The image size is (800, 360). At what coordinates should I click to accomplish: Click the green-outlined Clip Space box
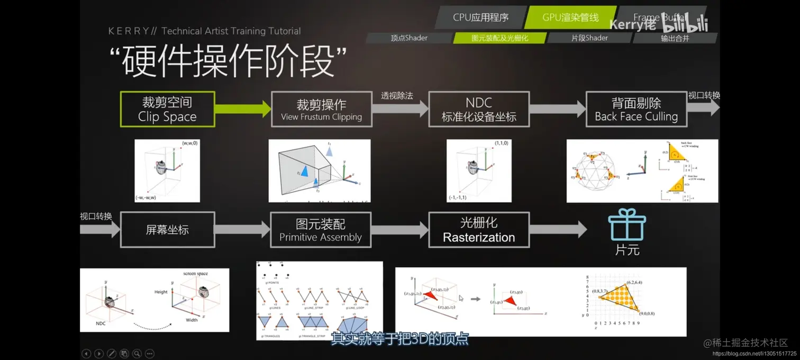[x=167, y=109]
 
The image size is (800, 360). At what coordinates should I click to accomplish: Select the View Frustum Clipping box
[x=321, y=109]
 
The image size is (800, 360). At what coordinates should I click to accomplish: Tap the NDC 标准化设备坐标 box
[x=479, y=109]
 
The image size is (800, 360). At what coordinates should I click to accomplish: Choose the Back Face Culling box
[x=636, y=109]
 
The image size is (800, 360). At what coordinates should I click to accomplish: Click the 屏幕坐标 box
[x=167, y=230]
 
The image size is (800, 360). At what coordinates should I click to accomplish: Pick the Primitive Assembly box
[x=321, y=230]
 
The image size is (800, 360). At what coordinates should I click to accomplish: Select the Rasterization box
[x=479, y=230]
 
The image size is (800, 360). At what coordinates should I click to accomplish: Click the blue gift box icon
[x=627, y=225]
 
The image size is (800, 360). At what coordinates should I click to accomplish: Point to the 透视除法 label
[x=397, y=96]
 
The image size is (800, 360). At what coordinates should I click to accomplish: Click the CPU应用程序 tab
[x=480, y=17]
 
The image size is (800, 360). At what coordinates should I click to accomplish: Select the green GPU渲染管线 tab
[x=570, y=17]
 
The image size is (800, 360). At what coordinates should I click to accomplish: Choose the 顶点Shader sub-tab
[x=409, y=38]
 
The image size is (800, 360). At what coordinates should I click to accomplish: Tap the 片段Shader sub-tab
[x=589, y=38]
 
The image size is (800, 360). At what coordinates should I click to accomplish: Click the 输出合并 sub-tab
[x=675, y=38]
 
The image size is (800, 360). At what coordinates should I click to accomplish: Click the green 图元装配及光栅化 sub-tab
[x=499, y=38]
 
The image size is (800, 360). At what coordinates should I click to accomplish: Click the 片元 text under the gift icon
[x=627, y=250]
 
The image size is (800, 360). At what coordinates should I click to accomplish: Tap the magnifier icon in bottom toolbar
[x=137, y=353]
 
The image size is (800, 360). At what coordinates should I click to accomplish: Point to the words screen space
[x=195, y=274]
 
